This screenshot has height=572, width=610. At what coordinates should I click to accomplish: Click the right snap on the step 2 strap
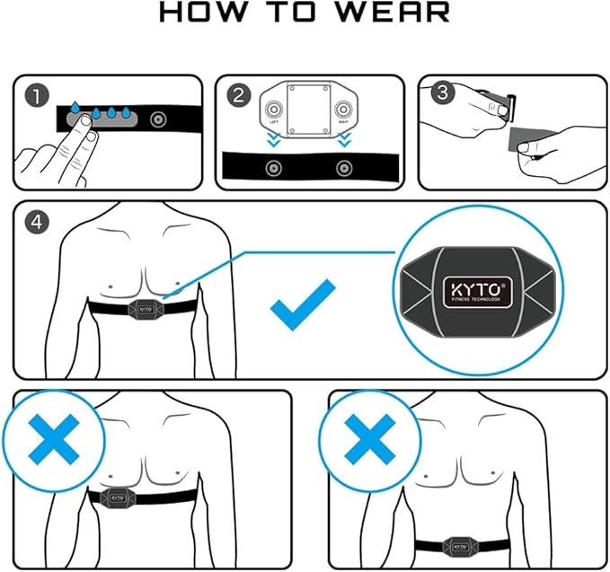point(340,168)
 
